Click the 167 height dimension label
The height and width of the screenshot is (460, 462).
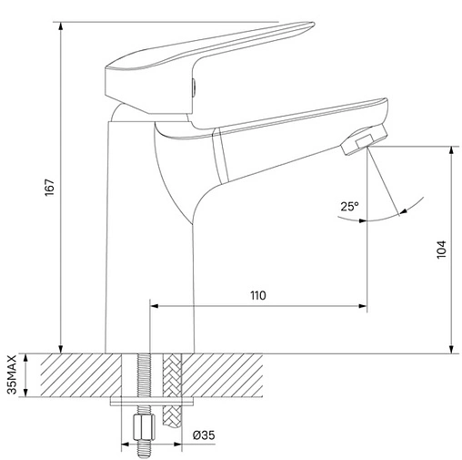(50, 188)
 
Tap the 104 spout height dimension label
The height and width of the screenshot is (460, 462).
(441, 250)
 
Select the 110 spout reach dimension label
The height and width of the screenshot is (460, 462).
(258, 295)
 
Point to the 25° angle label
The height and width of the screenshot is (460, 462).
(349, 207)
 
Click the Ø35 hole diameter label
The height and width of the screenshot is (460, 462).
(204, 435)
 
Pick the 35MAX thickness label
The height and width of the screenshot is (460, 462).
(13, 374)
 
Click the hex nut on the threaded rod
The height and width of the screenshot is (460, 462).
(144, 426)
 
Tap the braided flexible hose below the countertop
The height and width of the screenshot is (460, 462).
(172, 391)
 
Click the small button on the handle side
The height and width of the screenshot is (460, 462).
(194, 87)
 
